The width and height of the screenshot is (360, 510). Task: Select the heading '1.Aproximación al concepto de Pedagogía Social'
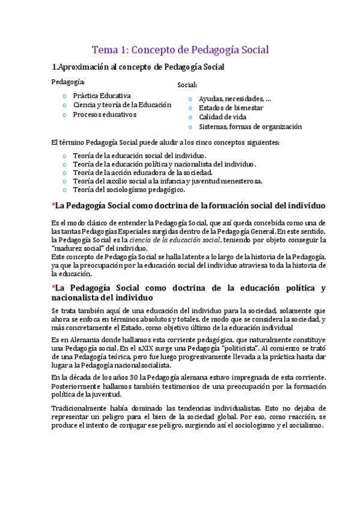coord(138,67)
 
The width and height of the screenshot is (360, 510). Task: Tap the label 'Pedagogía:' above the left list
coord(68,82)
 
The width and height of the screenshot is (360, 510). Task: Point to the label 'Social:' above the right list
coord(187,85)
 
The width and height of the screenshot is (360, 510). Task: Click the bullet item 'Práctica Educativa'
coord(102,95)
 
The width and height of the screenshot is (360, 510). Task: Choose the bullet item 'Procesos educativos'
coord(105,114)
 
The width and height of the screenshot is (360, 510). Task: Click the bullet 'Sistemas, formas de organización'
coord(250,127)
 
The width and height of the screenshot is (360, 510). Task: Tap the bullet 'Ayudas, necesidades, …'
coord(234,99)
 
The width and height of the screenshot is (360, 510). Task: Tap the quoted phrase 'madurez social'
coord(78,248)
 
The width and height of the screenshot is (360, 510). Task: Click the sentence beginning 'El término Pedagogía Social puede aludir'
coord(165,143)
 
